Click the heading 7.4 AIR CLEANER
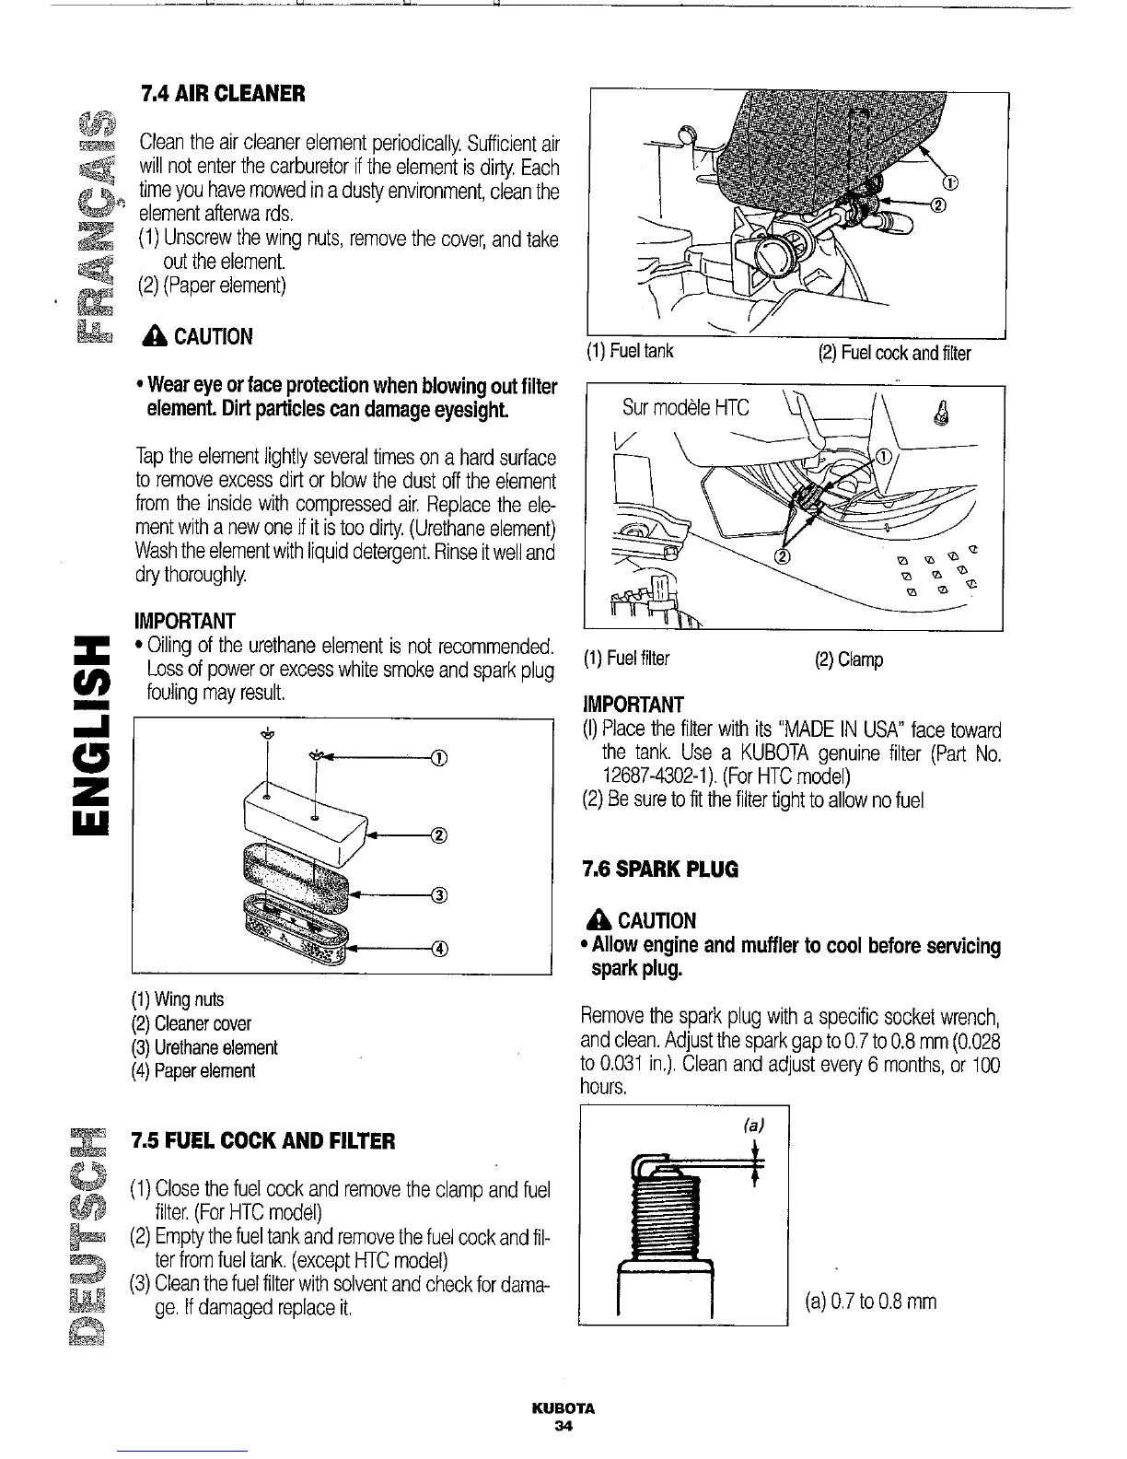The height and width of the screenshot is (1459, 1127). tap(222, 94)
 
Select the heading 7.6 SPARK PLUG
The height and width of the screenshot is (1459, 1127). tap(660, 869)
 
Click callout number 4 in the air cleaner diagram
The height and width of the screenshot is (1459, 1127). tap(439, 950)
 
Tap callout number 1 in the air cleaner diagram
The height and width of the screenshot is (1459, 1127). tap(439, 758)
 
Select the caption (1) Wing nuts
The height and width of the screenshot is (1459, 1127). tap(178, 999)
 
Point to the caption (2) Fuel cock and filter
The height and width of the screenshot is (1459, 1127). tap(893, 353)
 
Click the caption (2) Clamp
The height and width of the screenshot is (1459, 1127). tap(849, 659)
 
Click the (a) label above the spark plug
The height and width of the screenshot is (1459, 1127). tap(754, 1125)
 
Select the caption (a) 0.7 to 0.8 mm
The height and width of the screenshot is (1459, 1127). tap(870, 1301)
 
